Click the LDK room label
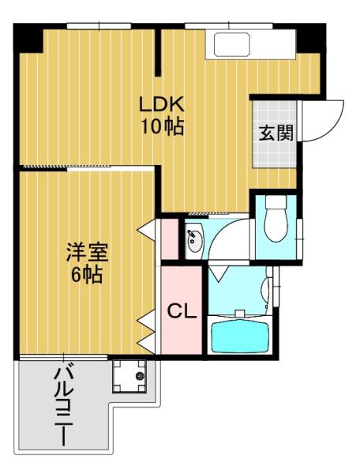(x=162, y=104)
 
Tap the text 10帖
(x=162, y=126)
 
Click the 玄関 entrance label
(x=276, y=132)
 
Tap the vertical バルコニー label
(x=63, y=407)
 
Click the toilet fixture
(x=276, y=222)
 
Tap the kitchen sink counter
(x=229, y=45)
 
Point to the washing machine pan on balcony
(x=130, y=376)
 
